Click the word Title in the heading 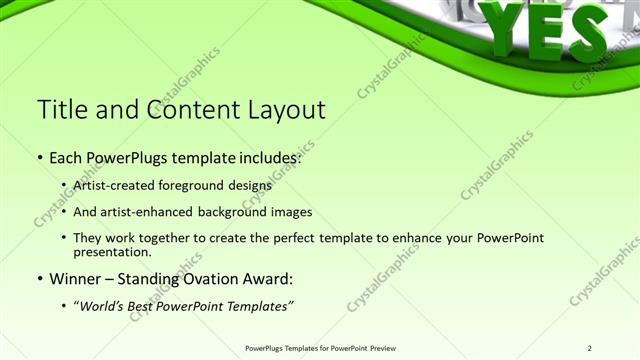click(x=61, y=109)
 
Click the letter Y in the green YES click(x=506, y=27)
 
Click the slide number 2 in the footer click(x=590, y=348)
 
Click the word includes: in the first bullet click(x=265, y=158)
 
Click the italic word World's click(x=104, y=305)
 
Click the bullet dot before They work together click(x=64, y=239)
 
